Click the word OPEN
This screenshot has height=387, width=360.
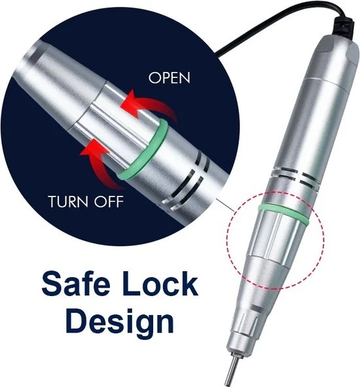coord(170,78)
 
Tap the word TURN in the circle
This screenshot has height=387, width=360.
coord(68,202)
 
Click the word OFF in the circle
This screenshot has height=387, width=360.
coord(109,202)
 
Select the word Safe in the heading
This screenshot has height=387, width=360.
coord(76,283)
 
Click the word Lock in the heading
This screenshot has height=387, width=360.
coord(159,283)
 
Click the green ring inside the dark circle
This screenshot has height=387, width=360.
coord(143,150)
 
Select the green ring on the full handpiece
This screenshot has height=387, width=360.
coord(283,213)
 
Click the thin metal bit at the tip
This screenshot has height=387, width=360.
coord(232,369)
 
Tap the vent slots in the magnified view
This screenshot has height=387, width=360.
coord(185,183)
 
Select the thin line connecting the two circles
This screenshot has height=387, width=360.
coord(225,204)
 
